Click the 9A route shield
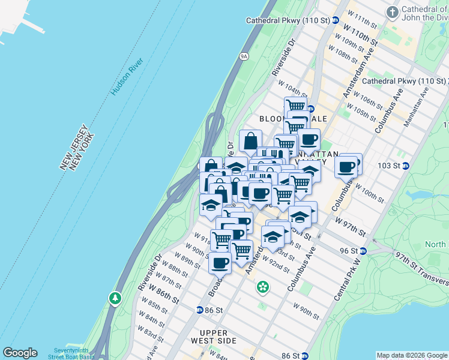tap(244, 56)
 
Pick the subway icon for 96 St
tap(363, 251)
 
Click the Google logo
tap(20, 353)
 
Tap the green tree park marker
tap(115, 298)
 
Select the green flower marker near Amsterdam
tap(262, 287)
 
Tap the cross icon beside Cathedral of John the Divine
tap(393, 12)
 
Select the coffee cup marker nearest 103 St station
tap(346, 166)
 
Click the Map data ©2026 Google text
tap(412, 355)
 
